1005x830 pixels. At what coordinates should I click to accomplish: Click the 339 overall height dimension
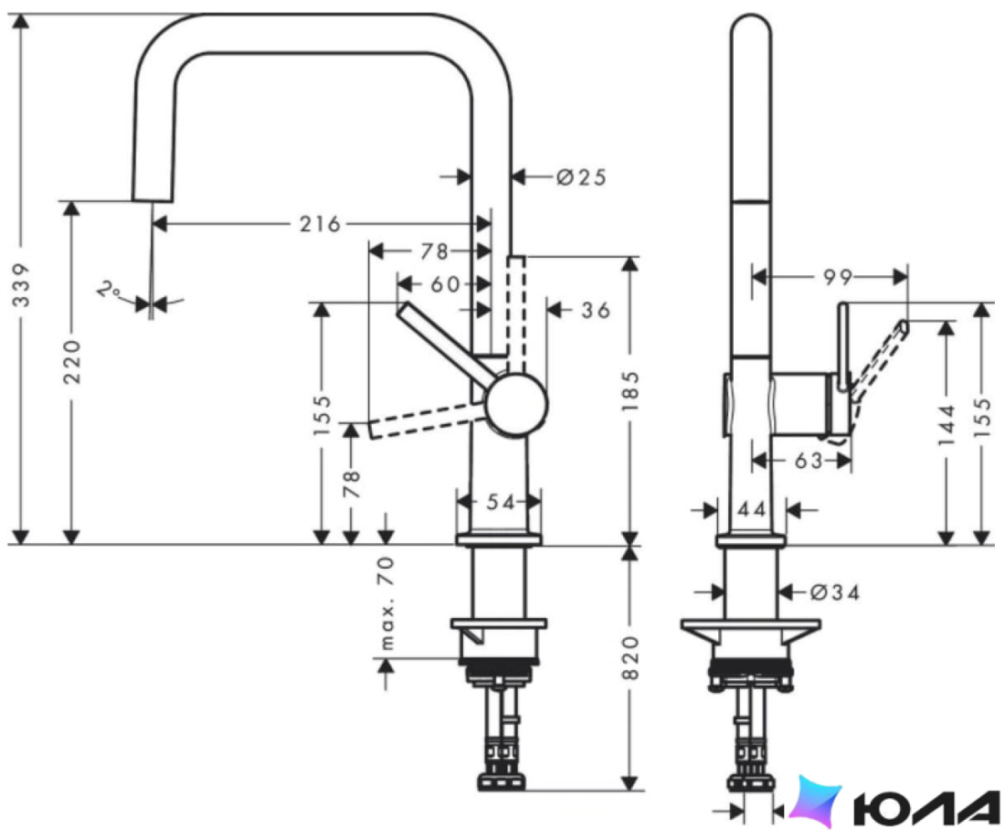(x=21, y=284)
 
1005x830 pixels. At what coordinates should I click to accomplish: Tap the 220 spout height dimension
(x=72, y=362)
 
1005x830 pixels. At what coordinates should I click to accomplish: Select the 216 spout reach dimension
(x=320, y=225)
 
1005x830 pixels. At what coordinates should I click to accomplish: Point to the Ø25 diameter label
(x=581, y=177)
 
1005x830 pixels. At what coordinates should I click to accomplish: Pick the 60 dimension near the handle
(x=445, y=283)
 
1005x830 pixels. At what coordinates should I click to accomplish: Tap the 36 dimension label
(x=596, y=311)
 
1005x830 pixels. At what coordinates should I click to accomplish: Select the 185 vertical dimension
(x=630, y=391)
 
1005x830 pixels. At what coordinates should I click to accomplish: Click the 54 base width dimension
(x=500, y=502)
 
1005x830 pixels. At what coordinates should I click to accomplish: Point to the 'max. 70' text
(x=386, y=603)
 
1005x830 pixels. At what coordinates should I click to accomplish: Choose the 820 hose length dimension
(x=630, y=658)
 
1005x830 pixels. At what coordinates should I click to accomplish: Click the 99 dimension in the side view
(x=838, y=277)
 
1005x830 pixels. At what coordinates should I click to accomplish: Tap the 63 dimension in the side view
(x=808, y=460)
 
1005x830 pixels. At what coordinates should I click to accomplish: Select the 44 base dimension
(x=751, y=510)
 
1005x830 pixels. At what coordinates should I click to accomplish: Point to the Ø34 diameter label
(x=834, y=592)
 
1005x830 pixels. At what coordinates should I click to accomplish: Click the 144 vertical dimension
(x=946, y=425)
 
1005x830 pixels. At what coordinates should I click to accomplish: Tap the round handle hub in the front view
(x=516, y=405)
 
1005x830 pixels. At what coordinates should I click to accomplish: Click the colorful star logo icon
(x=815, y=801)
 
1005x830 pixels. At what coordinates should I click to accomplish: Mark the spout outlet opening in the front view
(x=152, y=201)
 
